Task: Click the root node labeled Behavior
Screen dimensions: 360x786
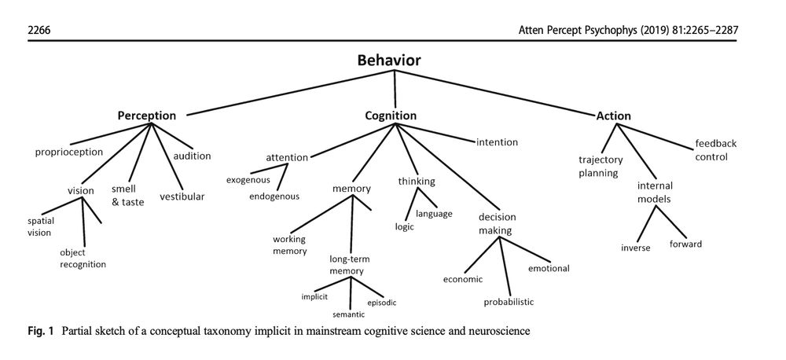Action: (x=389, y=61)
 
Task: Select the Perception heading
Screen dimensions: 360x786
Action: (x=147, y=116)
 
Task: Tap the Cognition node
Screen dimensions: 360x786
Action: (x=391, y=116)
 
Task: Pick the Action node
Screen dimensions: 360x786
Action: (x=614, y=116)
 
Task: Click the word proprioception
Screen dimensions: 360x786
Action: (x=69, y=152)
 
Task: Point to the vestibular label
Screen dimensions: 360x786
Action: (x=182, y=196)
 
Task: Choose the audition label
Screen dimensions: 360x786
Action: (x=192, y=156)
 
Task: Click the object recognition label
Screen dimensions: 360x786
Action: (x=83, y=259)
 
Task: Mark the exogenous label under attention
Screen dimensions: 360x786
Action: (x=248, y=180)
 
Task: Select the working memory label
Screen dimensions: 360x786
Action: (x=289, y=244)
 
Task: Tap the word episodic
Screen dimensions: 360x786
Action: (x=382, y=302)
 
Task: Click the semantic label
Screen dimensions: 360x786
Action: (x=349, y=314)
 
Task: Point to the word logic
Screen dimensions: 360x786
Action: (x=405, y=226)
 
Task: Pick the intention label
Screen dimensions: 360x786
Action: (x=497, y=142)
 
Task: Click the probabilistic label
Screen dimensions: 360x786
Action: (x=509, y=301)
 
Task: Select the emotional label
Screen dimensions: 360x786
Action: (x=549, y=269)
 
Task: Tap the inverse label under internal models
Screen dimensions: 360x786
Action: (x=636, y=248)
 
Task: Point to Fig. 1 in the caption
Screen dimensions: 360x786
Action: (x=40, y=331)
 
